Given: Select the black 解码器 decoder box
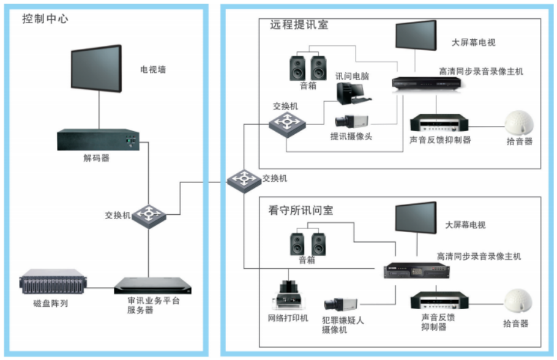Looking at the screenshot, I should [x=97, y=140].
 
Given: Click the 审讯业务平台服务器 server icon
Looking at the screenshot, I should [x=154, y=286].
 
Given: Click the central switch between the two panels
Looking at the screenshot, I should [x=244, y=179].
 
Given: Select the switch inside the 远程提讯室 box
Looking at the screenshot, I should [x=286, y=123].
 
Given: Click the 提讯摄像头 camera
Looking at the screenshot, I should [x=351, y=121].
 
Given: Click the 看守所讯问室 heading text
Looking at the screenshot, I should [x=301, y=211].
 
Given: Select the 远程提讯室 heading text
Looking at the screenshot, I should [x=299, y=25].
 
